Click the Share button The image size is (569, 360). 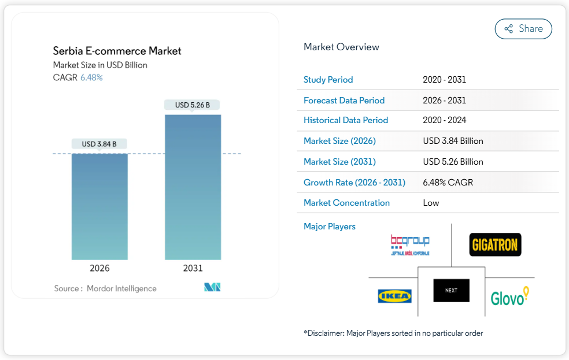click(x=523, y=29)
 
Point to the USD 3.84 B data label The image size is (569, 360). click(x=99, y=144)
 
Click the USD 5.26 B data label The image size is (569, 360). click(x=193, y=105)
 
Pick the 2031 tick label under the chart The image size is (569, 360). click(x=193, y=268)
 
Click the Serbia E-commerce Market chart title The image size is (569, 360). click(x=117, y=51)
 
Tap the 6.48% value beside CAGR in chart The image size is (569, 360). click(x=91, y=77)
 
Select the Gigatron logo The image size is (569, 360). click(x=495, y=244)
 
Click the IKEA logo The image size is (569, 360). click(x=394, y=296)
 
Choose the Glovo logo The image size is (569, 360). click(x=509, y=296)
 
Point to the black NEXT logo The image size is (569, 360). click(x=451, y=291)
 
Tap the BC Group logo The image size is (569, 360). click(x=410, y=244)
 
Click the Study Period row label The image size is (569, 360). click(x=328, y=80)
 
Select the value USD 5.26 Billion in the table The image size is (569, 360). click(x=453, y=162)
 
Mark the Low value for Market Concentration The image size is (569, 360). click(x=431, y=203)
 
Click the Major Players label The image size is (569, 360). click(x=330, y=227)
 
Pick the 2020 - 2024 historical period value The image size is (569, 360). click(x=444, y=120)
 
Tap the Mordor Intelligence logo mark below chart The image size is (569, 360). click(x=212, y=287)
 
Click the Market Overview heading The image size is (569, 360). click(x=341, y=47)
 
